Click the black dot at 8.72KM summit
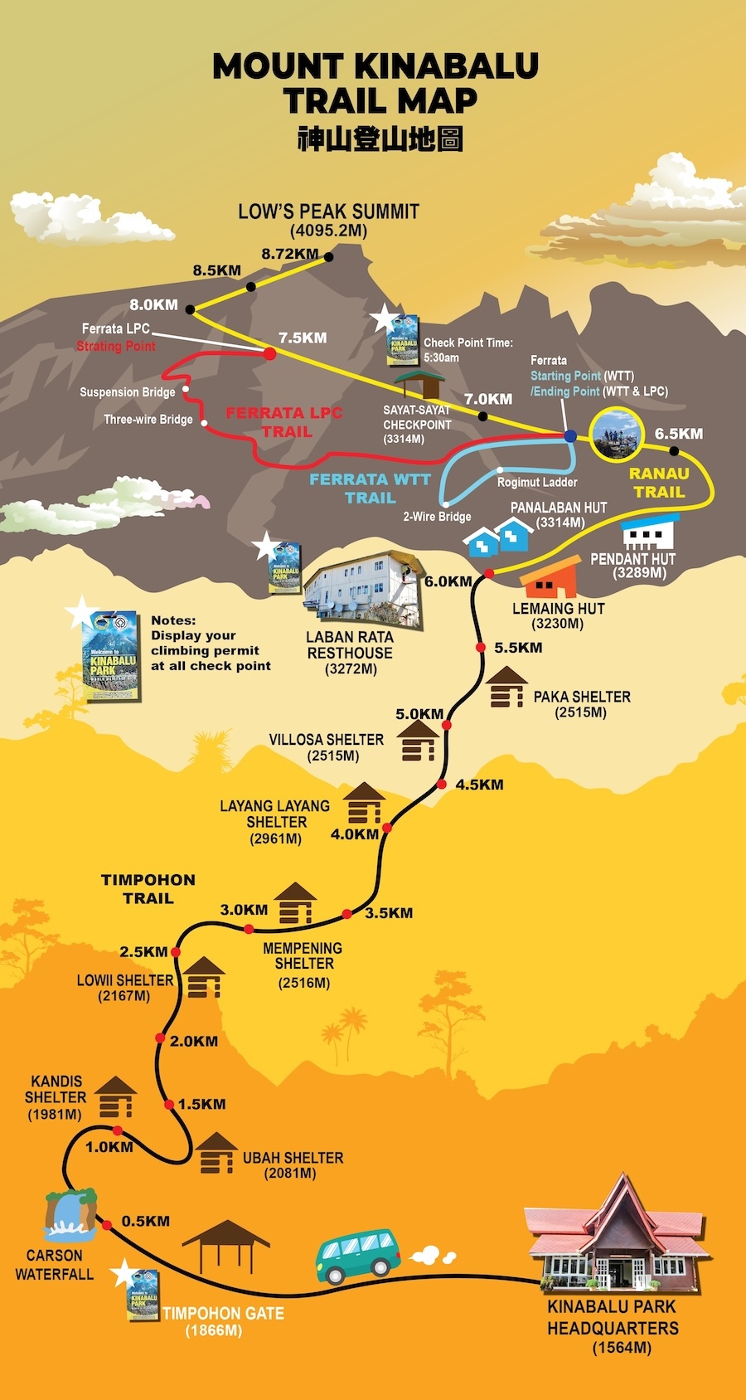coord(328,257)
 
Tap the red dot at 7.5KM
coord(269,353)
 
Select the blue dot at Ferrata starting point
coord(570,435)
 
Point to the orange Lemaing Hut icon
coord(550,578)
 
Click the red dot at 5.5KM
coord(480,647)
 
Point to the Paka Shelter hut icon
coord(506,688)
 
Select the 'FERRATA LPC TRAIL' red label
coord(284,422)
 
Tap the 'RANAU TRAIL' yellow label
coord(659,483)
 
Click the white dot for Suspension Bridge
coord(186,389)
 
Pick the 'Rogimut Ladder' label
coord(537,482)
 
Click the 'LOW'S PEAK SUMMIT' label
coord(328,211)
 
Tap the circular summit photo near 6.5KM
coord(617,435)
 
